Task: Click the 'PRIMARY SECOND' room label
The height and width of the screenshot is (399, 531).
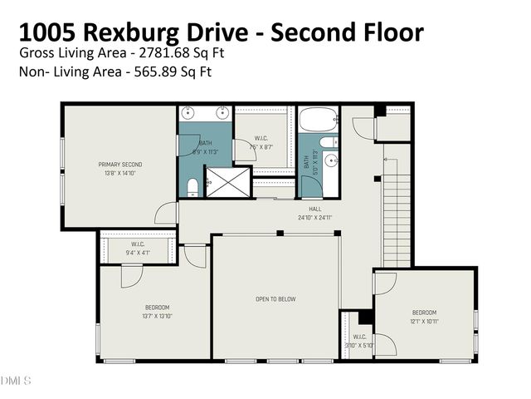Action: click(120, 165)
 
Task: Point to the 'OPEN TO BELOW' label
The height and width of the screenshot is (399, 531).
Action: click(275, 298)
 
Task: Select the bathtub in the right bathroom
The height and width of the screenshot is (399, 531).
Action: click(319, 120)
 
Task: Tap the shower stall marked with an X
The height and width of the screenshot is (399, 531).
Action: click(227, 181)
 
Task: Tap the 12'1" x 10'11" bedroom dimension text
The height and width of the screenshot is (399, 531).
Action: click(424, 321)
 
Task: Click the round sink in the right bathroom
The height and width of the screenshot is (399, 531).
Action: click(331, 160)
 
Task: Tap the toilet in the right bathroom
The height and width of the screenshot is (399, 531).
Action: click(329, 140)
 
